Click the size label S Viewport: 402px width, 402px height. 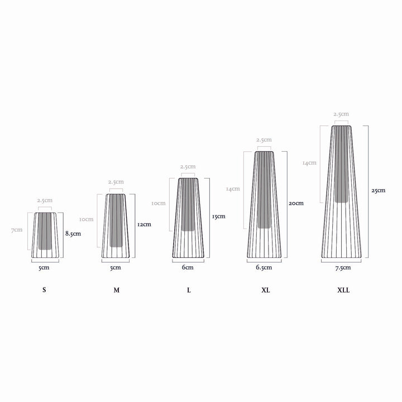tap(44, 290)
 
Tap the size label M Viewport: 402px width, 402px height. tap(116, 290)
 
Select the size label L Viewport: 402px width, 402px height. tap(189, 290)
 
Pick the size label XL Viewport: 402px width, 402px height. tap(266, 290)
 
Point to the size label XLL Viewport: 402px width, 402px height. tap(343, 290)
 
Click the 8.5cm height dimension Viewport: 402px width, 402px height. tap(73, 233)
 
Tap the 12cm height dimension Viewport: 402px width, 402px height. tap(145, 224)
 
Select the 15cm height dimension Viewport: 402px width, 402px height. tap(219, 217)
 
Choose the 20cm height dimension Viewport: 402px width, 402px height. tap(296, 203)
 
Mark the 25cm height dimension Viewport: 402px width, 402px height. tap(379, 190)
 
